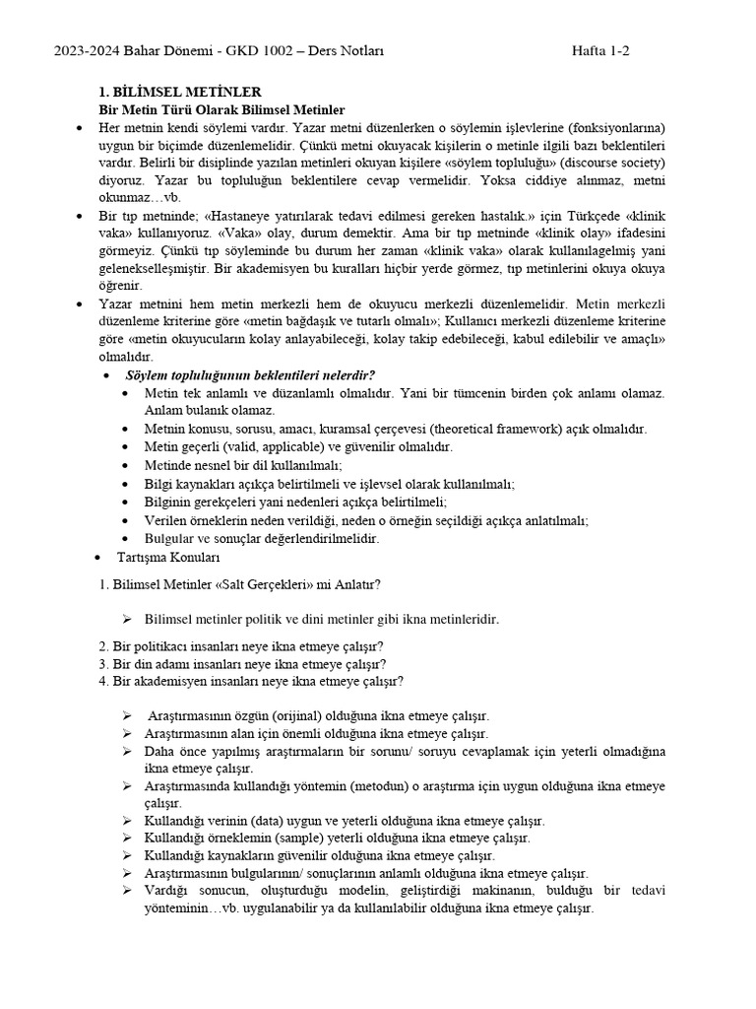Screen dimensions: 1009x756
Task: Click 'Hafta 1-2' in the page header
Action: tap(601, 52)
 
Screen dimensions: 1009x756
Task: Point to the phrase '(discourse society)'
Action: tap(609, 163)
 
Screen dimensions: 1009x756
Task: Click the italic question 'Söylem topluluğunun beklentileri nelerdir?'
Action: tap(250, 375)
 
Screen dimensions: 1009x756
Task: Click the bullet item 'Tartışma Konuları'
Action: tap(159, 557)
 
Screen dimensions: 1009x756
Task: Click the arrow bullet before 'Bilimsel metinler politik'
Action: tap(128, 619)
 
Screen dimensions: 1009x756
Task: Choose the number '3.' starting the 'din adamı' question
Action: tap(105, 663)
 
